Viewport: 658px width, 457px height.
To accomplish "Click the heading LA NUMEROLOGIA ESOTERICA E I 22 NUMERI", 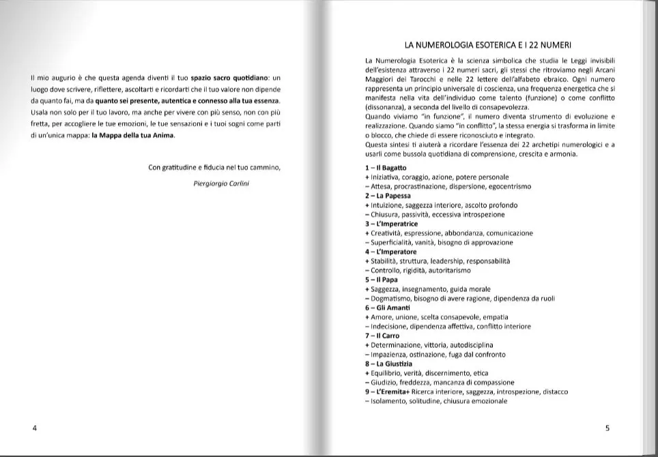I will (x=488, y=46).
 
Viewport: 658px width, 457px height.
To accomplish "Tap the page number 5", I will (x=607, y=428).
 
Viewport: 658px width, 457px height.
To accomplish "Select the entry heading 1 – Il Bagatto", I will (x=386, y=168).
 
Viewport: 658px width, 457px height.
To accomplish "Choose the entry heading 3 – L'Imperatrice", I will (x=392, y=224).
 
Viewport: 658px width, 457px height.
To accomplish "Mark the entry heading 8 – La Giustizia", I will (x=388, y=364).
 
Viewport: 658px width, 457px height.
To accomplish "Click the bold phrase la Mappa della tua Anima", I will (x=133, y=134).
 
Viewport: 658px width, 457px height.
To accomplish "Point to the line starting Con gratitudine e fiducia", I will (x=214, y=167).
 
